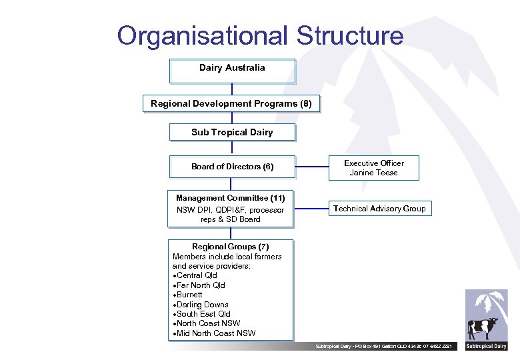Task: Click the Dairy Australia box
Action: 232,71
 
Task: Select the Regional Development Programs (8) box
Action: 231,104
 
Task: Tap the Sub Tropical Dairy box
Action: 232,132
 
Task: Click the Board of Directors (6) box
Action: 232,167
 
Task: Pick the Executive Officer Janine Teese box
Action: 373,168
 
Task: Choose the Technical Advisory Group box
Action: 379,209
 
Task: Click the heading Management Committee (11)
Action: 231,198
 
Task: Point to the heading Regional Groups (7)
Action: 231,247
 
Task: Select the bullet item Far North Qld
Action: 201,285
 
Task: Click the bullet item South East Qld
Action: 203,314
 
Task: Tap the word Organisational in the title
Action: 203,35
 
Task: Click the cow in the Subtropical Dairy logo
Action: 482,329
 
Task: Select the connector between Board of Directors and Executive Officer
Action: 311,167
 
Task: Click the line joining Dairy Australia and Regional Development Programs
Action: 232,89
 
